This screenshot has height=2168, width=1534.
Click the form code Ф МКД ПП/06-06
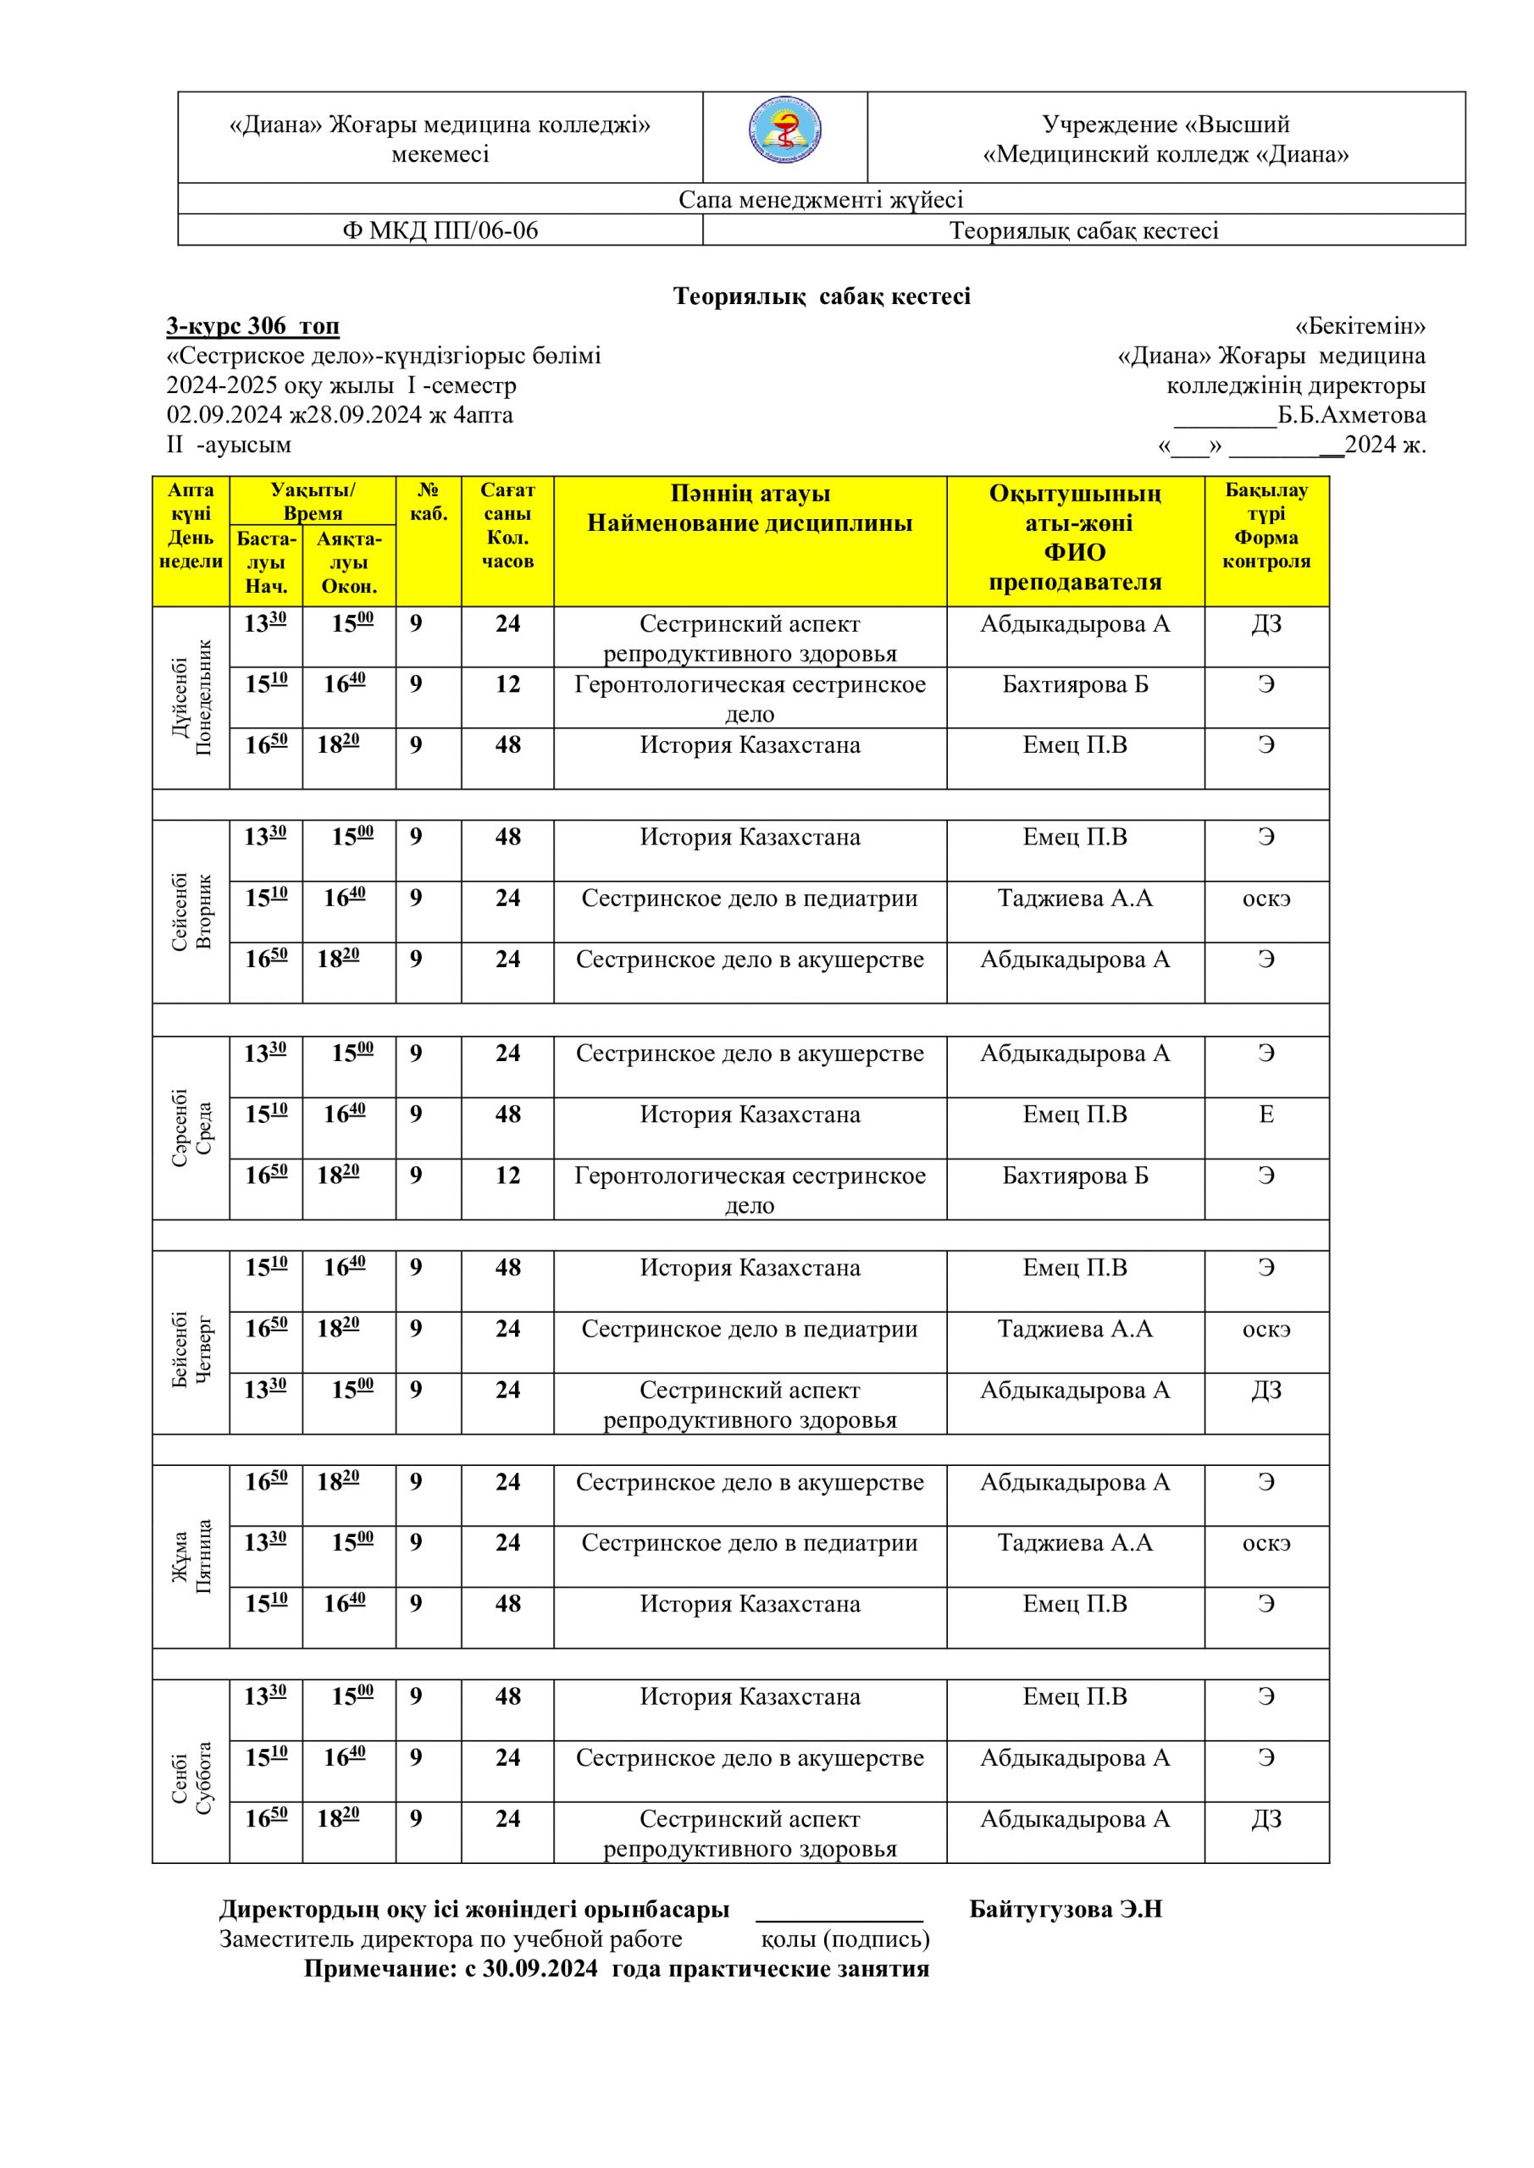pos(440,230)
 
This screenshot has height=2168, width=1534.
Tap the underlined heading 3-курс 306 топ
pos(252,327)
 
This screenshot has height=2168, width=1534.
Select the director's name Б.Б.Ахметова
pos(1351,416)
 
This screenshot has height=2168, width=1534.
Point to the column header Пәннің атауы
pos(750,494)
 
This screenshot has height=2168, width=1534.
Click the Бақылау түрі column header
pos(1265,526)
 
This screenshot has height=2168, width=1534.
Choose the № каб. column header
pos(428,501)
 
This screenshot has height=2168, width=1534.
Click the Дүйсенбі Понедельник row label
pos(191,697)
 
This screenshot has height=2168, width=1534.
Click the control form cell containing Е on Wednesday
pos(1265,1114)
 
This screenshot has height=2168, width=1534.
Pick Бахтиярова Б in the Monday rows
pos(1075,684)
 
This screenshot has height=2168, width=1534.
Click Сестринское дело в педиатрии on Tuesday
pos(749,898)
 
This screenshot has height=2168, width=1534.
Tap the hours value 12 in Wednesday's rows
pos(507,1175)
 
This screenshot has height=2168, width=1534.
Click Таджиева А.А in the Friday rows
pos(1075,1542)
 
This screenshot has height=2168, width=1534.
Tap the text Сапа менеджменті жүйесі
pos(820,199)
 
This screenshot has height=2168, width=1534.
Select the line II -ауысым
pos(229,445)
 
